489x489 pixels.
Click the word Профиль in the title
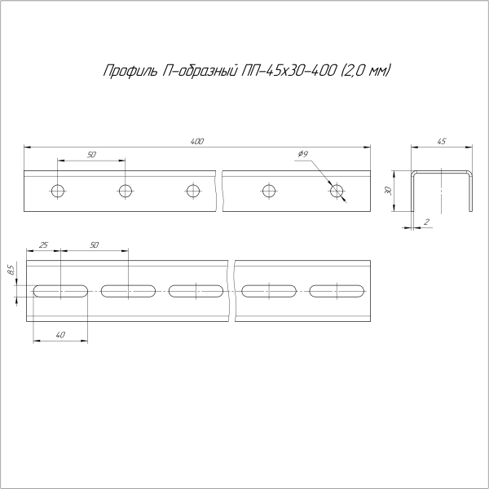(123, 71)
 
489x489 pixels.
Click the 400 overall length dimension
(196, 141)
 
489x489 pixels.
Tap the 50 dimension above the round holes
(91, 154)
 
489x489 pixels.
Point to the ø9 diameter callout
(302, 154)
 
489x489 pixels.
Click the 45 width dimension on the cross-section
(442, 142)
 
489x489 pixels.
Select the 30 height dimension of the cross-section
(390, 190)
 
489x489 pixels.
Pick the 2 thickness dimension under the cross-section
(427, 222)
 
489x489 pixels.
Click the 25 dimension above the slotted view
(43, 244)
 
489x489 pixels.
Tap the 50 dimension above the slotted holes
(95, 244)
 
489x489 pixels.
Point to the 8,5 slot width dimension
(11, 269)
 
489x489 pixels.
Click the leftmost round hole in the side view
(57, 192)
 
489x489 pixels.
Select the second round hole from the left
(125, 192)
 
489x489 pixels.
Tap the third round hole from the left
(192, 192)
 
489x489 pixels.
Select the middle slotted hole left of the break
(196, 290)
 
